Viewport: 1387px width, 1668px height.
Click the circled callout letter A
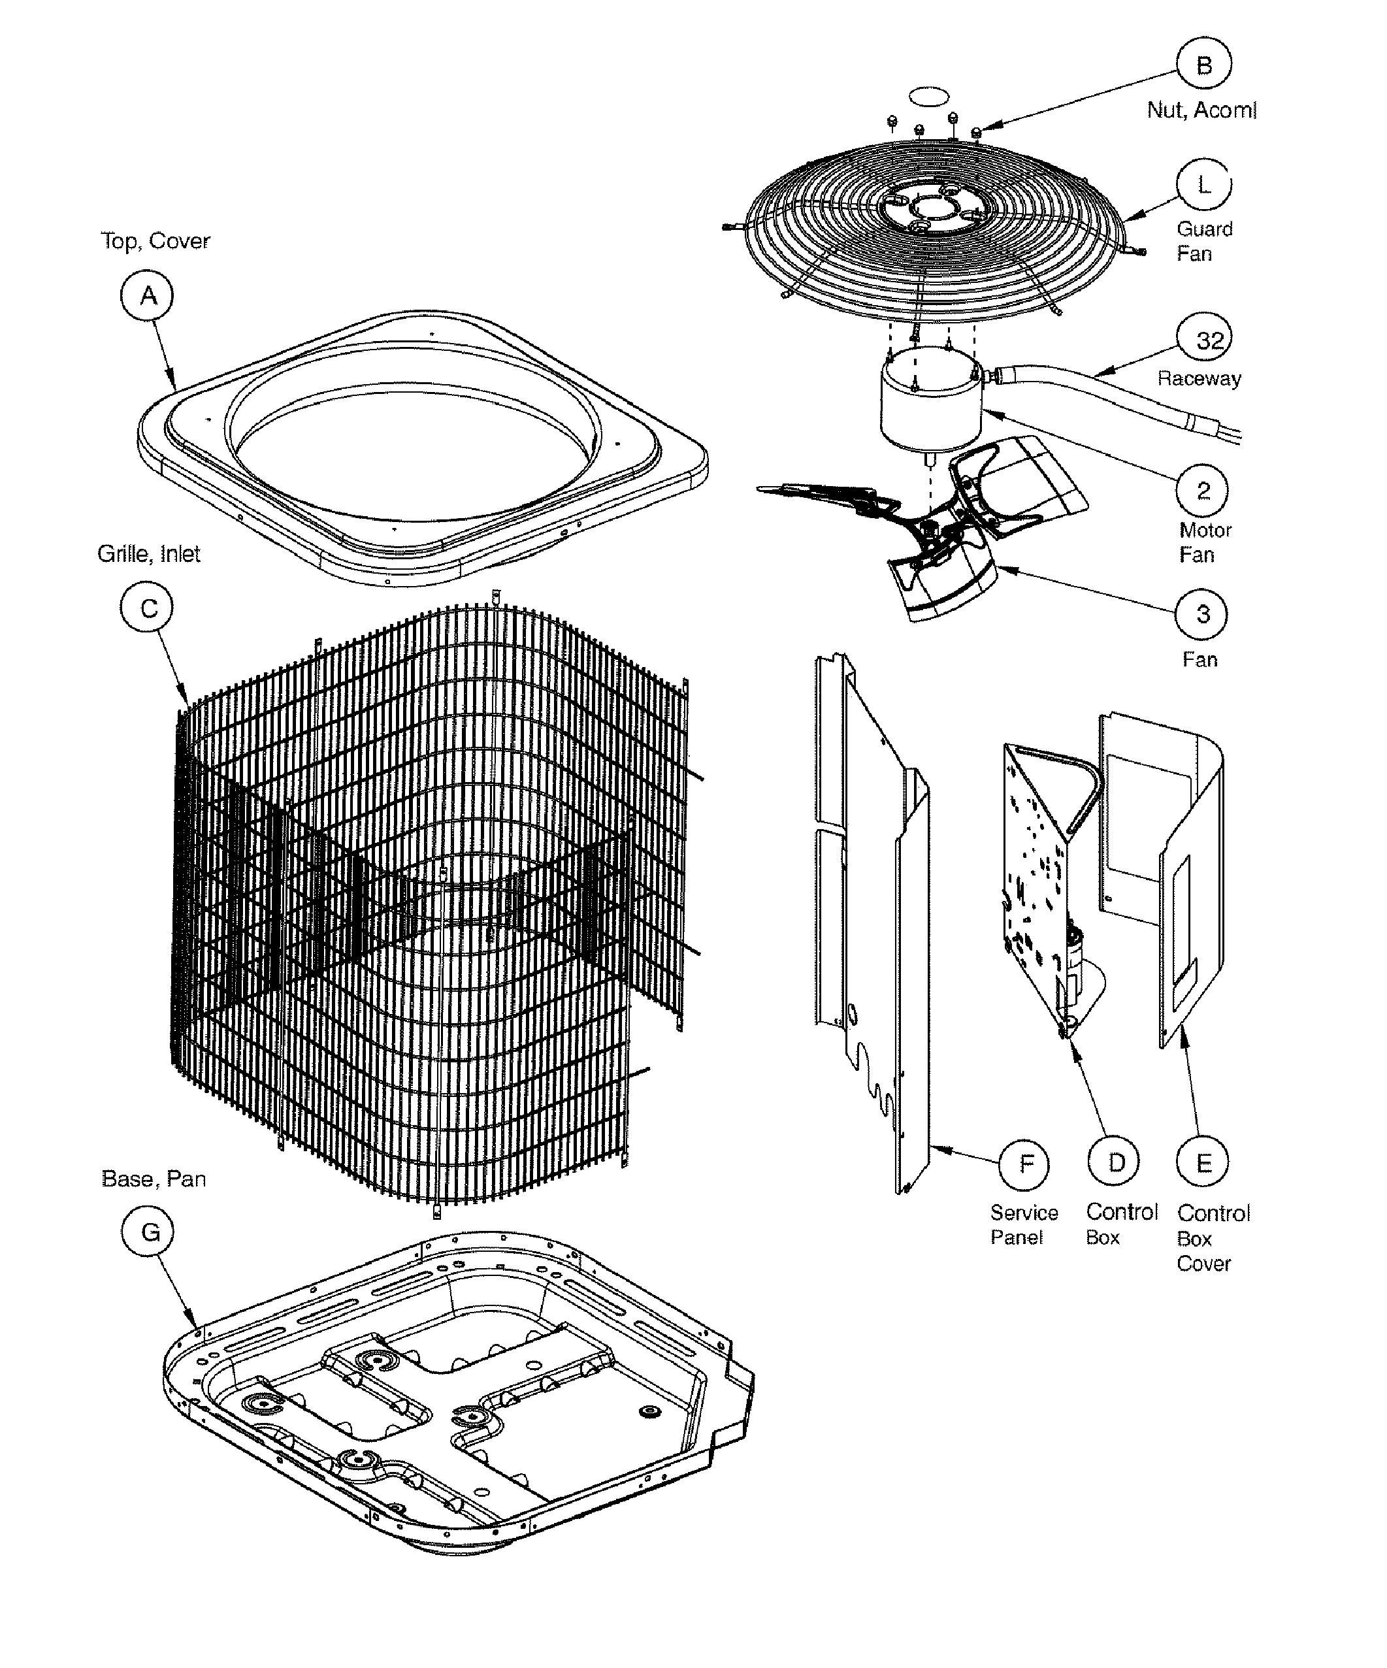(x=148, y=295)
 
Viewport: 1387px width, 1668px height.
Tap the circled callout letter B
(x=1203, y=64)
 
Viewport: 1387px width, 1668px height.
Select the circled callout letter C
(x=148, y=608)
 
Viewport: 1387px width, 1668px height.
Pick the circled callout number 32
(x=1203, y=340)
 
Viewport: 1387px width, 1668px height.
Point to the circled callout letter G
(x=150, y=1232)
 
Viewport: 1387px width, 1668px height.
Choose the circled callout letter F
(x=1026, y=1164)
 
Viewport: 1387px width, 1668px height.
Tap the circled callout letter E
(x=1203, y=1164)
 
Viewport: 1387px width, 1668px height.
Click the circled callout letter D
(x=1115, y=1163)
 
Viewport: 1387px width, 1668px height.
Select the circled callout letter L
(x=1203, y=185)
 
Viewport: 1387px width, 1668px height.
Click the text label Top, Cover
(x=155, y=240)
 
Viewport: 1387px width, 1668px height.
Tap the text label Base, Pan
(x=154, y=1179)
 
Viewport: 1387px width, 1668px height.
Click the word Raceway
(x=1199, y=378)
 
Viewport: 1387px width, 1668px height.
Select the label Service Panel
(x=1023, y=1225)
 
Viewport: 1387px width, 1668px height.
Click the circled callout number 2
(x=1202, y=491)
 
